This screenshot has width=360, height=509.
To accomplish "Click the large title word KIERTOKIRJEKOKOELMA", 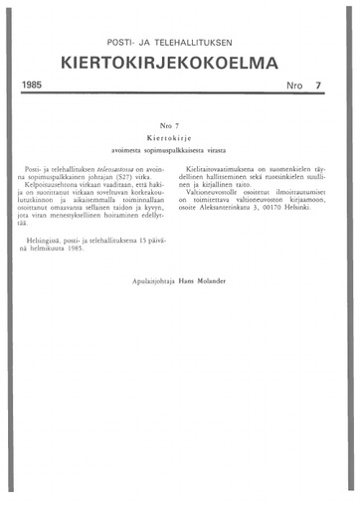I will pyautogui.click(x=179, y=65).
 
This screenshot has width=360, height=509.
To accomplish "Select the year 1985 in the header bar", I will pyautogui.click(x=36, y=86).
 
